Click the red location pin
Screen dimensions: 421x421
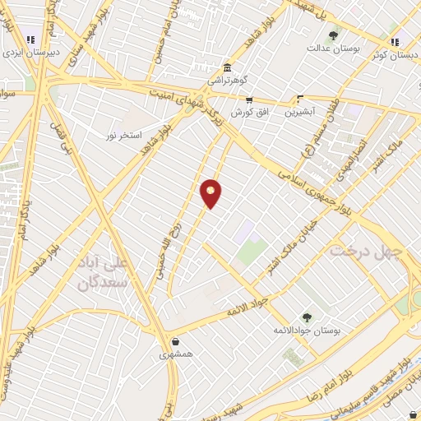[211, 193]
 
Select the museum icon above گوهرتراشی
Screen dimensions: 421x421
[227, 68]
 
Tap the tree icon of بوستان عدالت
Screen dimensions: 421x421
[333, 35]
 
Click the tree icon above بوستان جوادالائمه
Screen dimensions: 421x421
[307, 317]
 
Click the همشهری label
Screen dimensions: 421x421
[175, 355]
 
